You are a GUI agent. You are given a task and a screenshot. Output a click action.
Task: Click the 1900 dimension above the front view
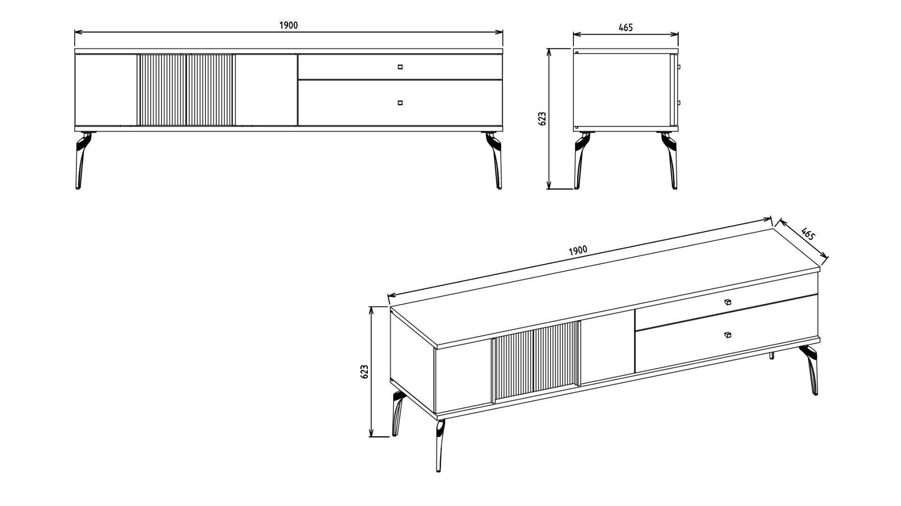pyautogui.click(x=289, y=25)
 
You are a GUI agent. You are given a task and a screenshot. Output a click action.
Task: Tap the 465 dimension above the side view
pyautogui.click(x=626, y=27)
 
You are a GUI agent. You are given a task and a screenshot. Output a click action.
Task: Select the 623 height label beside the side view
pyautogui.click(x=542, y=119)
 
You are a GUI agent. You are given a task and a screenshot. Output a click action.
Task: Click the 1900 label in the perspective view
pyautogui.click(x=578, y=250)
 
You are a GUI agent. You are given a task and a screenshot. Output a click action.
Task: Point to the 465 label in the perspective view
pyautogui.click(x=808, y=234)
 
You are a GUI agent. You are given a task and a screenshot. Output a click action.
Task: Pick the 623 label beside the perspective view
pyautogui.click(x=365, y=371)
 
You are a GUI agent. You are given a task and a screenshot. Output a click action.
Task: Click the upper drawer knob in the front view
pyautogui.click(x=400, y=67)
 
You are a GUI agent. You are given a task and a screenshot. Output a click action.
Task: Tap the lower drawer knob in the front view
pyautogui.click(x=400, y=103)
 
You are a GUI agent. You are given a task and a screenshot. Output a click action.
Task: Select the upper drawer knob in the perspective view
pyautogui.click(x=727, y=302)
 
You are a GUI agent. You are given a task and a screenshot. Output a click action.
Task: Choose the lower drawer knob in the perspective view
pyautogui.click(x=727, y=334)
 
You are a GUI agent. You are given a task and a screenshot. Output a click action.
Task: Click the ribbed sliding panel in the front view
pyautogui.click(x=186, y=90)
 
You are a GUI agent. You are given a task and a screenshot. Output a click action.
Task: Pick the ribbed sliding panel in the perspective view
pyautogui.click(x=536, y=361)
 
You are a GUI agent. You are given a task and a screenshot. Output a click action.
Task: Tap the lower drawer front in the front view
pyautogui.click(x=400, y=103)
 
